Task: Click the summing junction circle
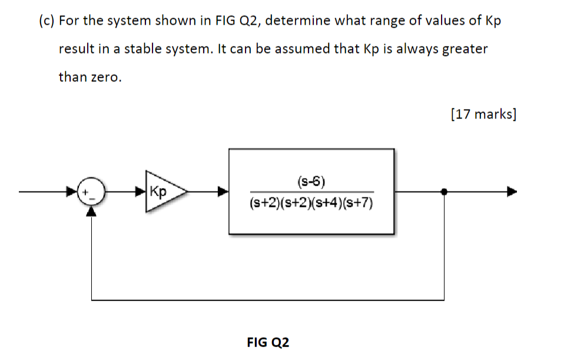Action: click(91, 192)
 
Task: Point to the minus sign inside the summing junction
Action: click(91, 198)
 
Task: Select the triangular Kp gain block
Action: click(162, 191)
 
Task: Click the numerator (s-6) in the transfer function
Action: click(311, 180)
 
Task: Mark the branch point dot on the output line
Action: click(444, 191)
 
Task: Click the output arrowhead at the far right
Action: click(512, 191)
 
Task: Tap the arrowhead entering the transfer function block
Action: click(224, 191)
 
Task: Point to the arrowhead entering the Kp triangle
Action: click(141, 191)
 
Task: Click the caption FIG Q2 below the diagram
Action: click(268, 342)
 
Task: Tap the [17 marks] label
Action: click(483, 114)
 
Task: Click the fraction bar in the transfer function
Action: click(311, 192)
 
